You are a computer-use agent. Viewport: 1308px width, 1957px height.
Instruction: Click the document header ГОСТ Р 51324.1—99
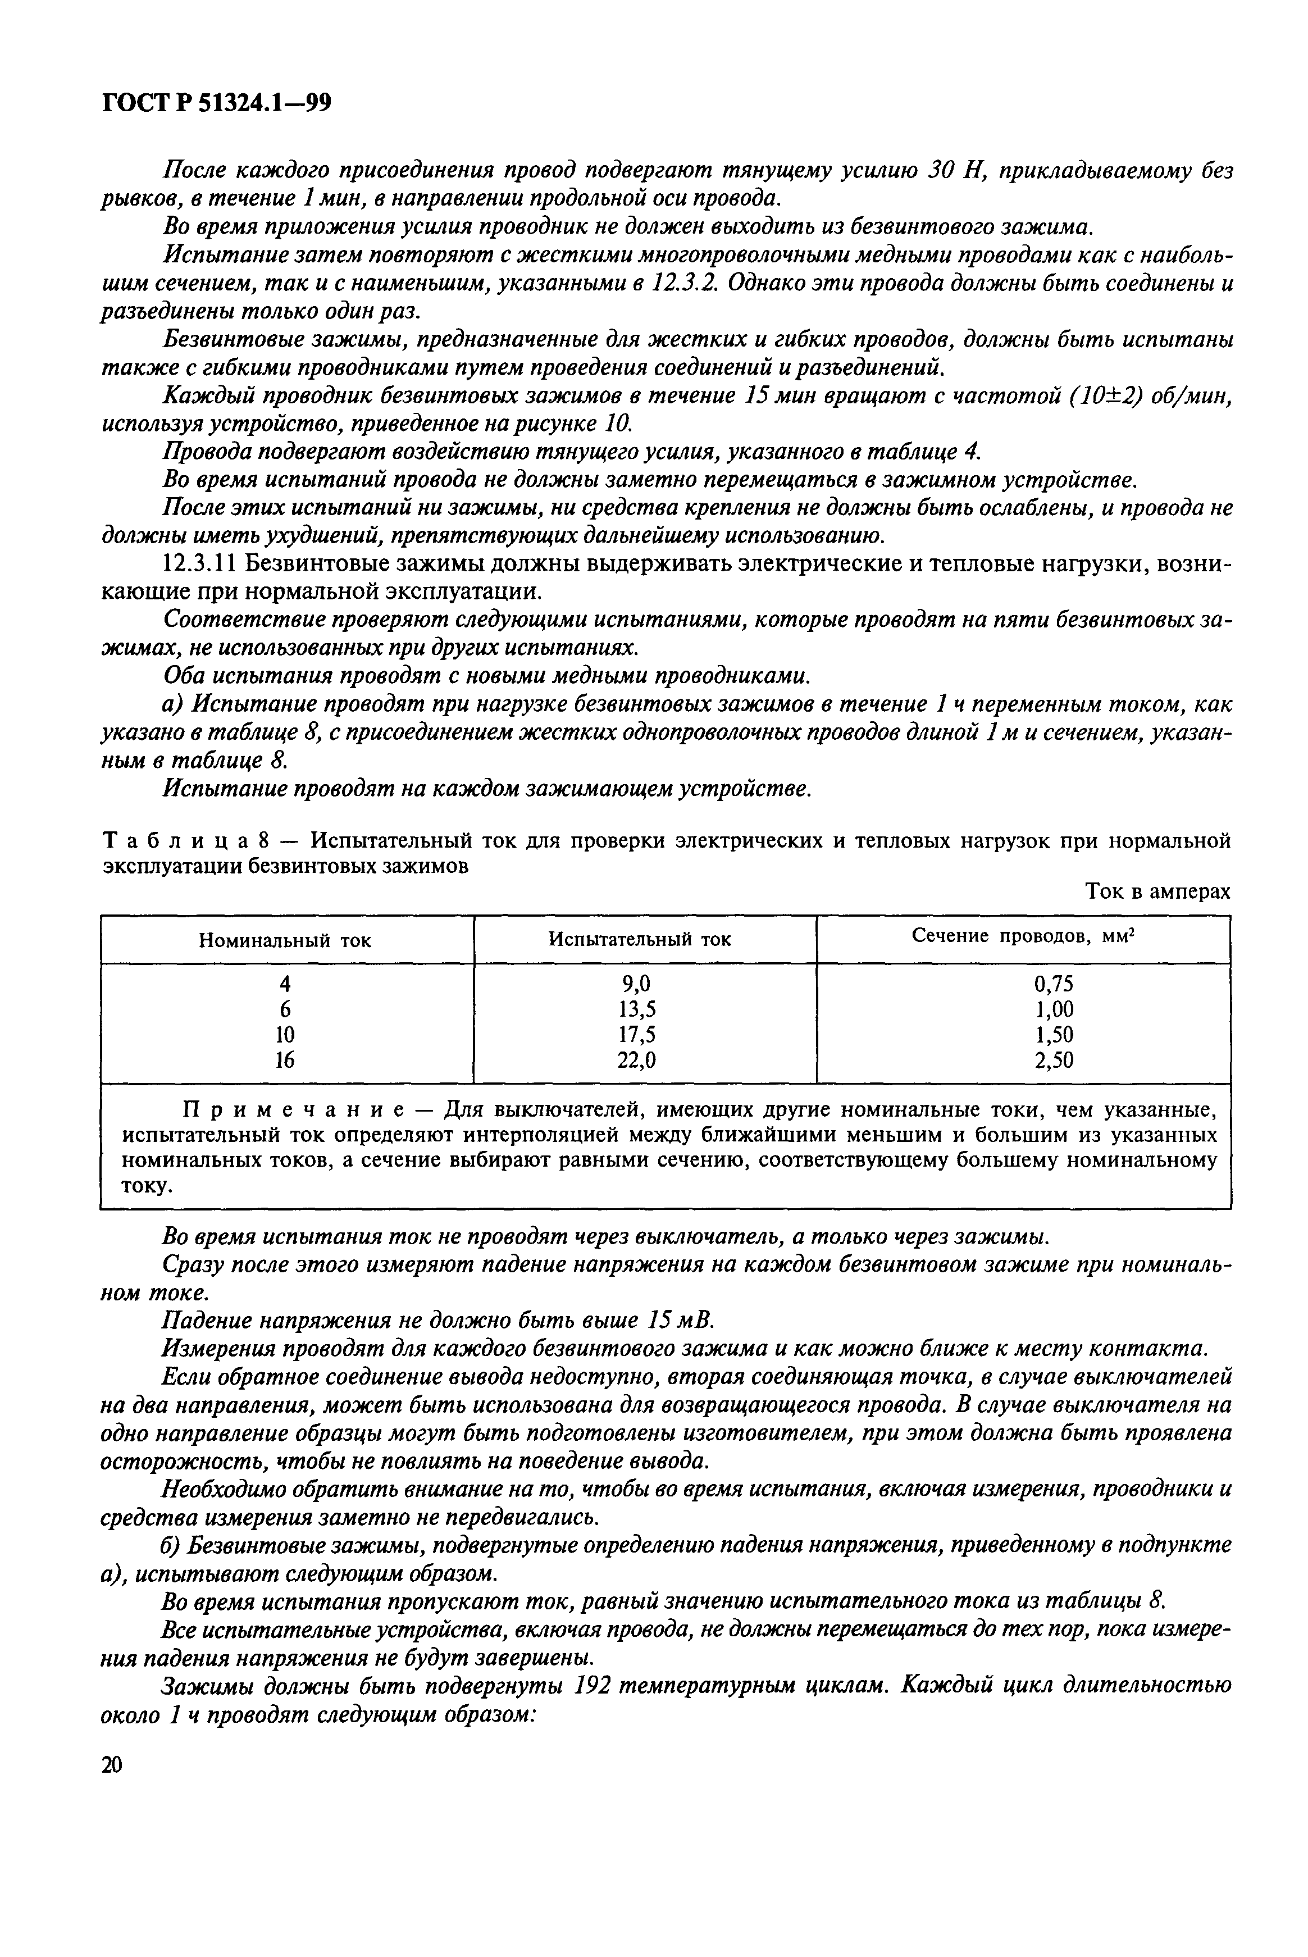point(215,103)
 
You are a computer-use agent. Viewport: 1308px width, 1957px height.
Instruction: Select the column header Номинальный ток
point(285,940)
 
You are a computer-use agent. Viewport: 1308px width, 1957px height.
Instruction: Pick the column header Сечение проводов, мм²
point(1024,937)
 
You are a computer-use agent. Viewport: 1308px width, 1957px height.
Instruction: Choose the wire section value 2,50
point(1054,1059)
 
